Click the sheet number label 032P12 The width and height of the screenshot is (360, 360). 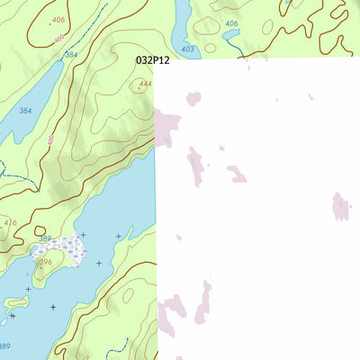click(152, 59)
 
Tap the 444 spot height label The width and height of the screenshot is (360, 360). click(145, 85)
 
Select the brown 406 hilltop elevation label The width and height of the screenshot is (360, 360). click(58, 19)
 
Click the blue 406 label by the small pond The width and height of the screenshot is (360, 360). click(231, 23)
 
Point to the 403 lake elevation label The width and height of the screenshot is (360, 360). click(187, 49)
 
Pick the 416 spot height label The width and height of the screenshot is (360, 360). click(10, 222)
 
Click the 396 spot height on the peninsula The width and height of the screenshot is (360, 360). click(45, 262)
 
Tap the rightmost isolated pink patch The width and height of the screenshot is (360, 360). click(340, 206)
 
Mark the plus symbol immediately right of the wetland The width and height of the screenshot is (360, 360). click(83, 235)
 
